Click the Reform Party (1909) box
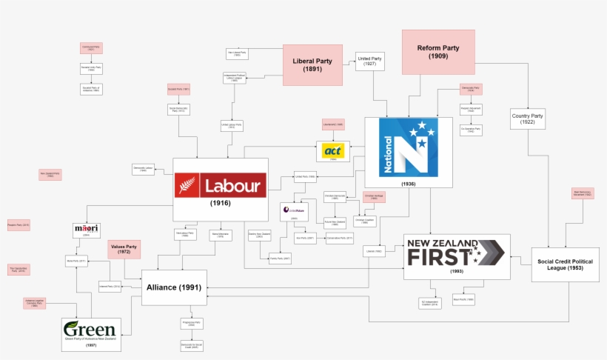click(x=438, y=52)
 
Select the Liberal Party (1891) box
click(x=312, y=65)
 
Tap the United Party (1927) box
click(x=369, y=61)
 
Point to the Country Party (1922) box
click(x=527, y=119)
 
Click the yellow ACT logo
click(x=332, y=151)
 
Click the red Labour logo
click(x=221, y=185)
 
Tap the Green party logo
click(x=90, y=330)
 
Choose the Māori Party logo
click(x=86, y=229)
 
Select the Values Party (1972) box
click(x=124, y=249)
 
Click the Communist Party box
click(x=90, y=48)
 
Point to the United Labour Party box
click(x=232, y=127)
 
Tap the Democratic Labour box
click(x=143, y=169)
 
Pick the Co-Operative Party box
click(x=471, y=130)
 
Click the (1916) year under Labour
click(x=221, y=203)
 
